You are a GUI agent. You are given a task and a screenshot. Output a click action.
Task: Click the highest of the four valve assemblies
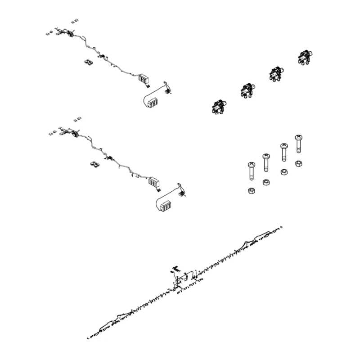click(x=305, y=58)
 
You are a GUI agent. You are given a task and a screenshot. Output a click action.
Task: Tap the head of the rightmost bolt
click(x=298, y=137)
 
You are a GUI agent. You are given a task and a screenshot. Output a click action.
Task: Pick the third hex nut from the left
click(x=284, y=172)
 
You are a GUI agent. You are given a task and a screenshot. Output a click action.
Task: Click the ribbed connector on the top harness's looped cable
click(x=153, y=102)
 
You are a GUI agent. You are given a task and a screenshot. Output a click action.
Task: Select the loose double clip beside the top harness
click(x=89, y=63)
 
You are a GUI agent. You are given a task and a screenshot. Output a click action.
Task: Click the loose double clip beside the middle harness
click(x=95, y=165)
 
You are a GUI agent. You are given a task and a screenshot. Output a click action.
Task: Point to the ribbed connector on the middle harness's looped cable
click(x=164, y=205)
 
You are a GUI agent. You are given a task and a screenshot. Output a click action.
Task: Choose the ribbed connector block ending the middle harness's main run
click(x=154, y=182)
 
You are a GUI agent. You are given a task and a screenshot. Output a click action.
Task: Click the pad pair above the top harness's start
click(x=75, y=21)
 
